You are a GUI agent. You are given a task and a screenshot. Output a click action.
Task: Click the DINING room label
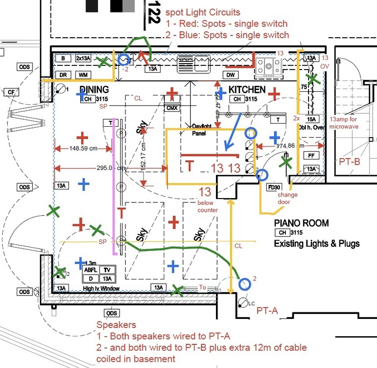click(x=94, y=90)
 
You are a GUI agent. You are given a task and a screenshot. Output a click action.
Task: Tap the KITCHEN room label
click(x=247, y=90)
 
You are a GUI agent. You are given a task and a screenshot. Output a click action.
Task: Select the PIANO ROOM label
click(x=301, y=223)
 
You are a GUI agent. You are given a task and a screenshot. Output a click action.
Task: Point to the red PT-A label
click(x=267, y=310)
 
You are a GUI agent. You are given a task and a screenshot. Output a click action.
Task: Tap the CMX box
click(x=172, y=108)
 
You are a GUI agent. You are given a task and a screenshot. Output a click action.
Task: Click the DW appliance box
click(x=230, y=74)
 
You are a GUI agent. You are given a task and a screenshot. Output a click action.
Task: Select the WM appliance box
click(x=83, y=74)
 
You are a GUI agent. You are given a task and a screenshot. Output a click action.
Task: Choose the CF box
click(x=11, y=92)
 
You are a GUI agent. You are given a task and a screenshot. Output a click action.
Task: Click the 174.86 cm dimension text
click(x=289, y=146)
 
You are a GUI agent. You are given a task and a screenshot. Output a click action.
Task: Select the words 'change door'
click(x=288, y=198)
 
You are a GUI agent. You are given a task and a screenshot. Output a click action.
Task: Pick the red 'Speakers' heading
click(x=116, y=325)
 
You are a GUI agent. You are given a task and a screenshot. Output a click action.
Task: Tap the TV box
click(x=107, y=269)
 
